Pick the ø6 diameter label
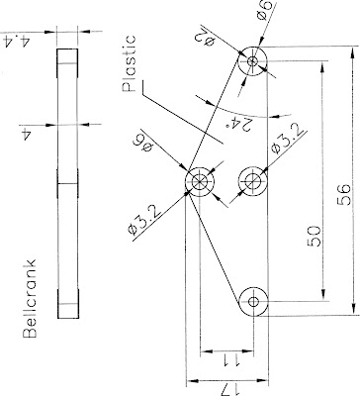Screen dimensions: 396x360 (265, 14)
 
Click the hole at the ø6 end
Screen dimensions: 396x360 (255, 61)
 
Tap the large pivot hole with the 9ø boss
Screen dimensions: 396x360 (201, 182)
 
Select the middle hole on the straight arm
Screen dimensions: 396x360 (255, 181)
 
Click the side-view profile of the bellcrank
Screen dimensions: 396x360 (67, 183)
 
